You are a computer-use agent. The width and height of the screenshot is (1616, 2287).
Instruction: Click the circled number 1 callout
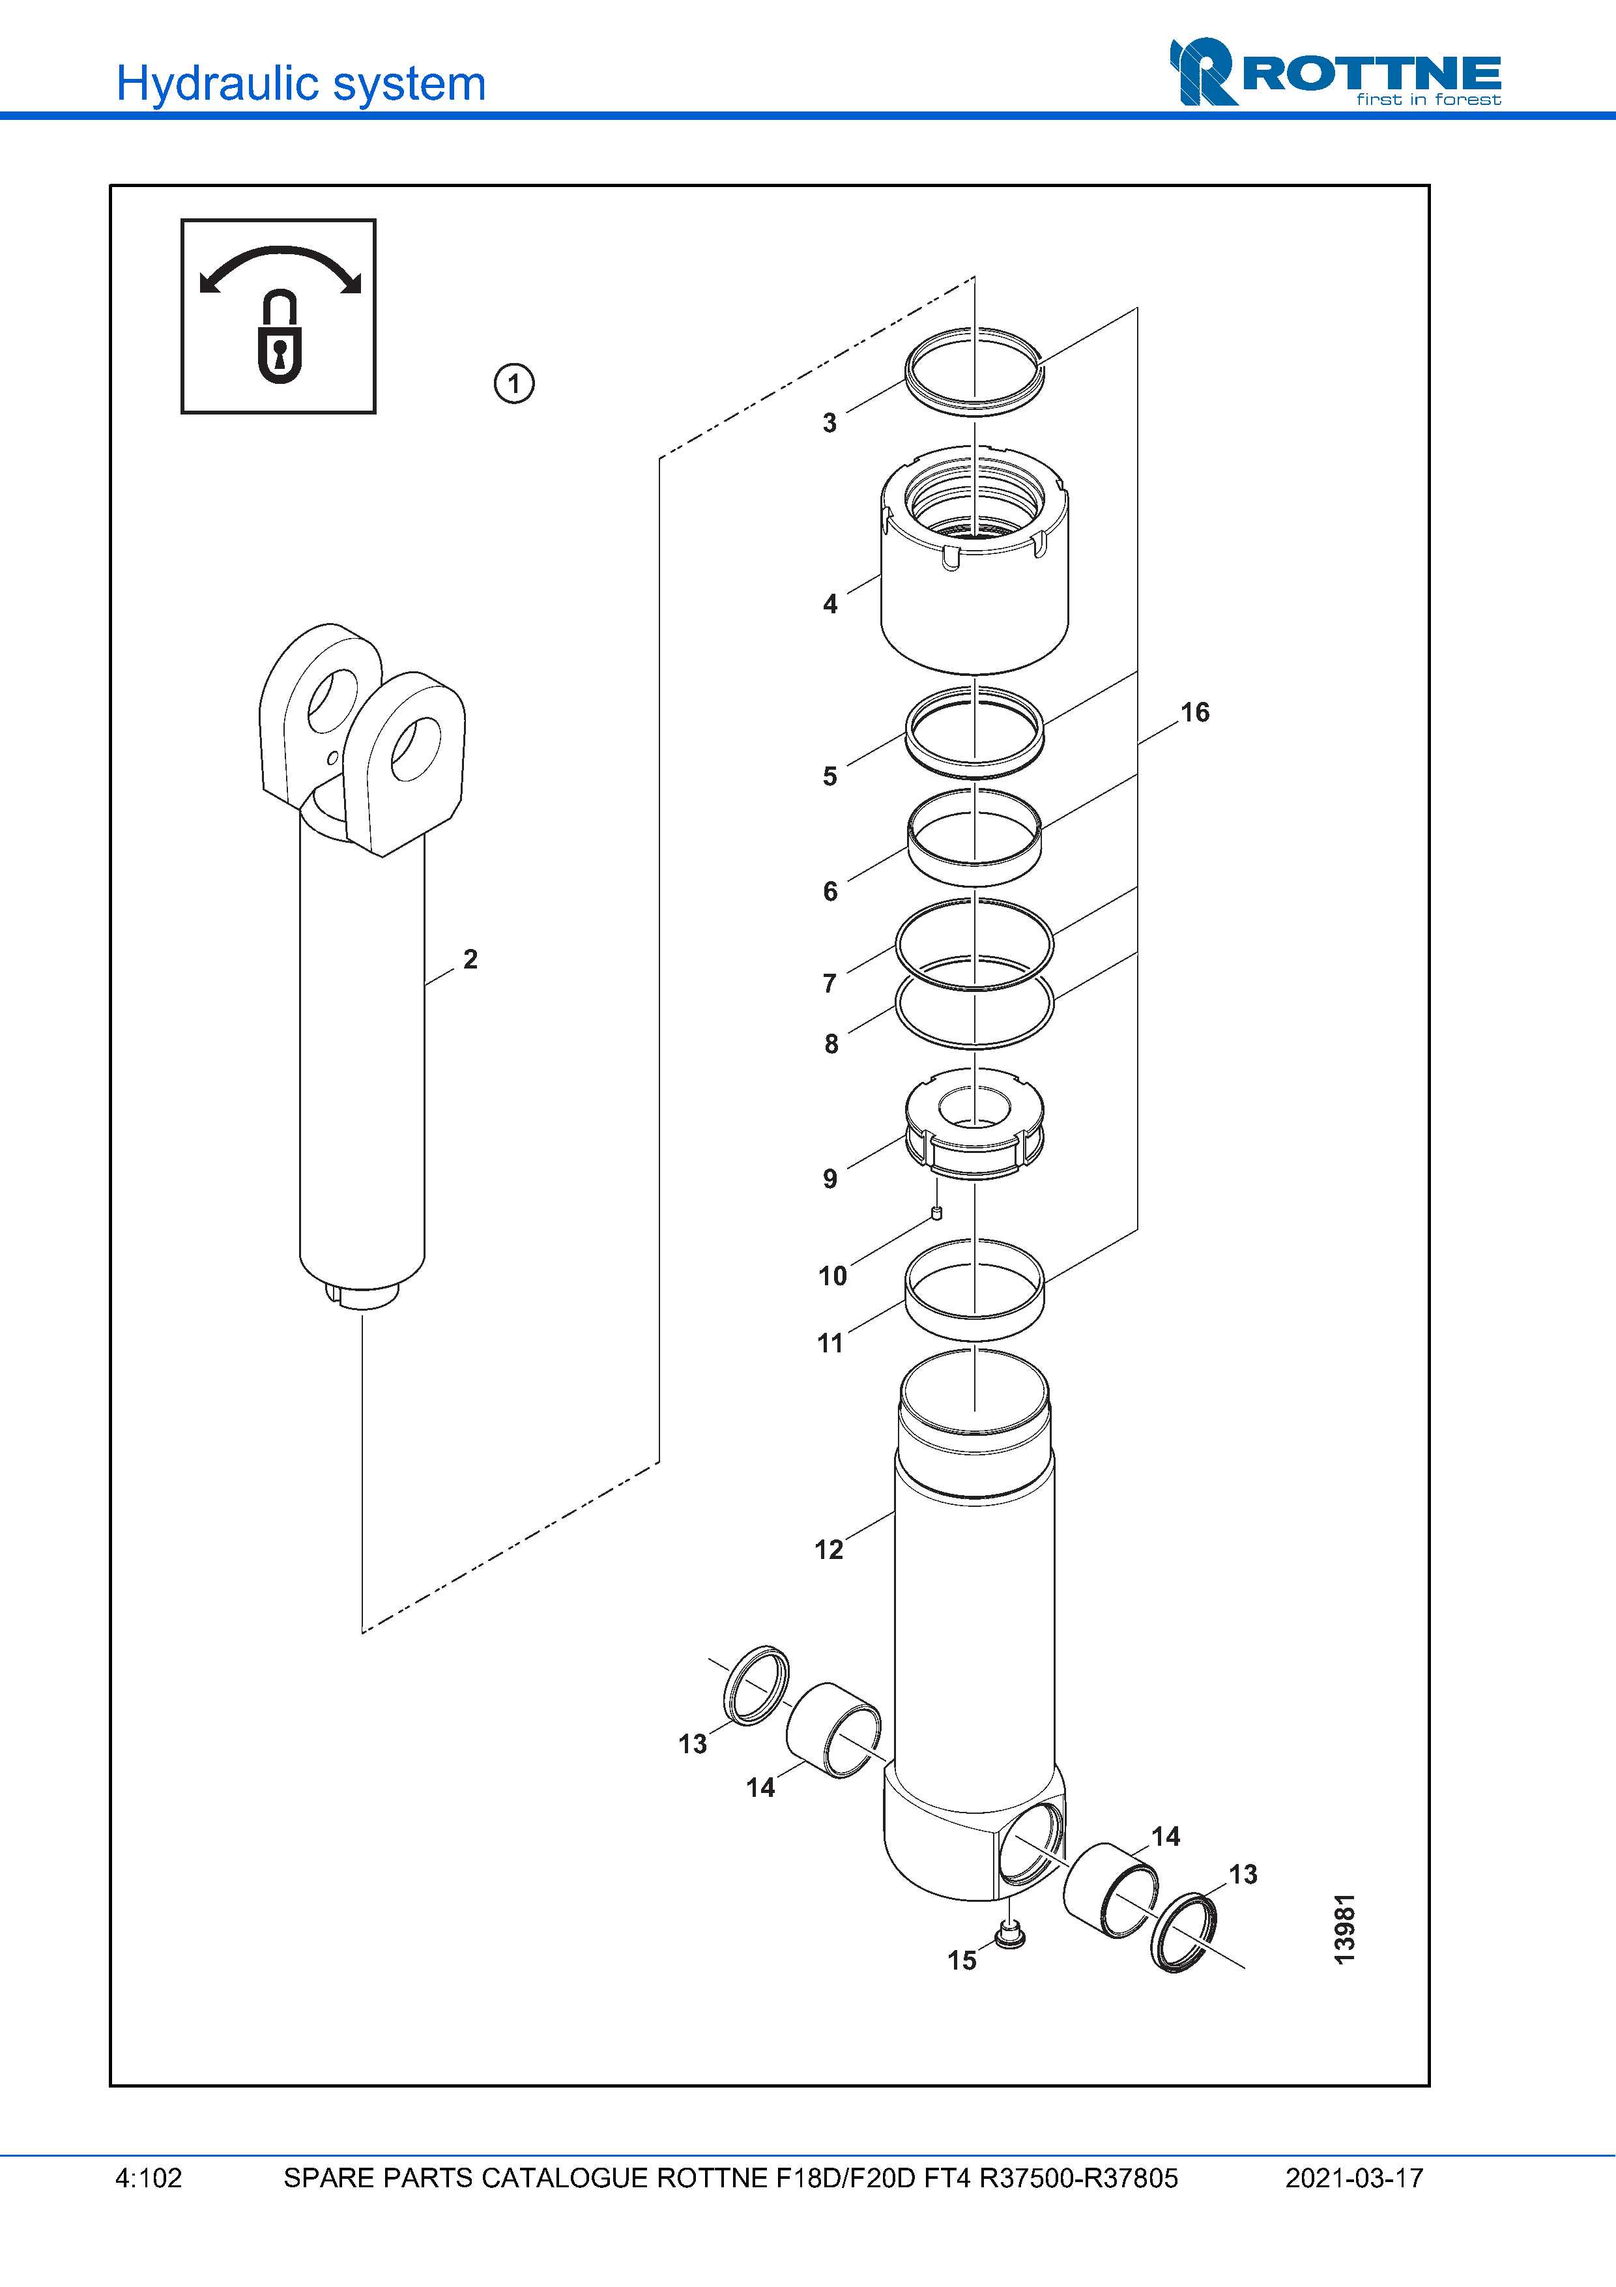click(513, 383)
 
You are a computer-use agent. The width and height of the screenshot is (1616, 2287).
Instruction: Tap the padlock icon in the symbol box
click(280, 337)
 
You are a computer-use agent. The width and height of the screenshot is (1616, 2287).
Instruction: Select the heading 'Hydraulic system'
click(300, 83)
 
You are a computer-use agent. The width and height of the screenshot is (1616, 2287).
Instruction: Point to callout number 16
click(1195, 712)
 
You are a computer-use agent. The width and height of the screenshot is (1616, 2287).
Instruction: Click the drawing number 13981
click(1344, 1929)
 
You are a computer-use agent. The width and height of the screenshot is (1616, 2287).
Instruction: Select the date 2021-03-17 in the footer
click(1354, 2178)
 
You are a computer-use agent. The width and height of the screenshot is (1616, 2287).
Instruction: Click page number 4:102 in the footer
click(149, 2178)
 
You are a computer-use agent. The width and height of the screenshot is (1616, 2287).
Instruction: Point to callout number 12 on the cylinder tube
click(828, 1550)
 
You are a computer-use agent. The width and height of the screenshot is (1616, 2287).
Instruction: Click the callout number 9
click(830, 1180)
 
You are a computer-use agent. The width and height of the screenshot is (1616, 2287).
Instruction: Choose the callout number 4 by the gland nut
click(830, 604)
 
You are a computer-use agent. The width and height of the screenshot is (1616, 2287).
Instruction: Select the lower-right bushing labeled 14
click(1111, 1889)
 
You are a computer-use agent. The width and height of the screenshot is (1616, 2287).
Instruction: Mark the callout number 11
click(830, 1344)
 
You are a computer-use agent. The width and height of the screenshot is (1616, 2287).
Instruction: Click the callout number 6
click(830, 892)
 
